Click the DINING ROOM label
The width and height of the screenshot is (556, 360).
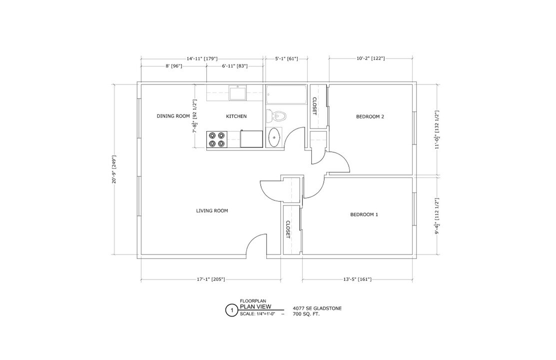tap(173, 116)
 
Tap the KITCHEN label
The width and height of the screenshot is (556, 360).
tap(236, 116)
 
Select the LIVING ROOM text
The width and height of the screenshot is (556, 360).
tap(212, 211)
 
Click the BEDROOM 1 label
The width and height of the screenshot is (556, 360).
tap(364, 215)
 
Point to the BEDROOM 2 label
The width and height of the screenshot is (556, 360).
tap(370, 117)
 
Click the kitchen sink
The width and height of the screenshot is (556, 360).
tap(237, 93)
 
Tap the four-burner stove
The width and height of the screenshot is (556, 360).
tap(217, 139)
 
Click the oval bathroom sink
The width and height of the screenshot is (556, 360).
tap(274, 137)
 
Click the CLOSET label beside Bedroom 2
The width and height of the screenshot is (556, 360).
tap(314, 106)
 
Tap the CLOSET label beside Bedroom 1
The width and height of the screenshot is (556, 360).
tap(288, 230)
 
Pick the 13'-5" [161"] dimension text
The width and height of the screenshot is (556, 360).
tap(357, 279)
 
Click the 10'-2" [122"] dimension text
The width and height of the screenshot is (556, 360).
tap(370, 58)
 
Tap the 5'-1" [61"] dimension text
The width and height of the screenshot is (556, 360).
tap(286, 58)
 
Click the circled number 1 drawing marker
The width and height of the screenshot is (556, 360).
tap(231, 310)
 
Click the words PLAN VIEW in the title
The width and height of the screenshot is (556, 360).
tap(255, 307)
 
